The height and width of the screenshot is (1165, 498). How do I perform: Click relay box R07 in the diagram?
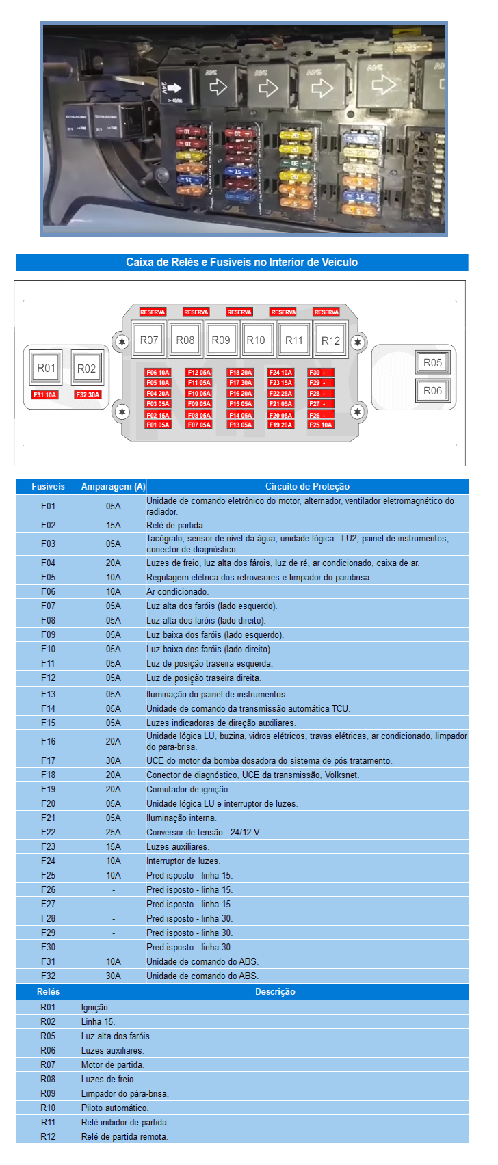(148, 340)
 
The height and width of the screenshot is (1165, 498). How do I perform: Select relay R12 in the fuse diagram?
(330, 340)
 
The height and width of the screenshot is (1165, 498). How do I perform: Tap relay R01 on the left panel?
(46, 368)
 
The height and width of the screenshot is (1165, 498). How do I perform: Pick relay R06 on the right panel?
(432, 390)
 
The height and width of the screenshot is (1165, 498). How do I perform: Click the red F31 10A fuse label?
(45, 395)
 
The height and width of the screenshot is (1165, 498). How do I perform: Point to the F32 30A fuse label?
(88, 395)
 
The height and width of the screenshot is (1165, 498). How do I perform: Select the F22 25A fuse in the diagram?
(280, 394)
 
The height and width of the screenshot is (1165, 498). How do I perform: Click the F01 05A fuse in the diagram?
(157, 425)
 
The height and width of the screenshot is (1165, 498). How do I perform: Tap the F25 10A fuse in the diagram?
(320, 425)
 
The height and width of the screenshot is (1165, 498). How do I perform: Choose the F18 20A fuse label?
(240, 373)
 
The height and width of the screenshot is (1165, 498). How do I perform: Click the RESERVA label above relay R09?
(239, 312)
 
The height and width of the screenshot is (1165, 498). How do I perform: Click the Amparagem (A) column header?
(113, 487)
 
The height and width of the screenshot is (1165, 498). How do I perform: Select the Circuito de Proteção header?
(307, 487)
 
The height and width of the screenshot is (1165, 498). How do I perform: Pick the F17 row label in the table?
(48, 760)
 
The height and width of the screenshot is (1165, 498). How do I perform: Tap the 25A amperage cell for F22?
(113, 832)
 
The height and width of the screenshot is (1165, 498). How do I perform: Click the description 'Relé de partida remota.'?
(124, 1136)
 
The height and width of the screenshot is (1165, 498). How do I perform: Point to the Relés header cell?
(48, 991)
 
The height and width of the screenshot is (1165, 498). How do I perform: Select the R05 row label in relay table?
(48, 1036)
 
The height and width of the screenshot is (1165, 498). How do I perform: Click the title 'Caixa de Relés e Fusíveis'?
(241, 262)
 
